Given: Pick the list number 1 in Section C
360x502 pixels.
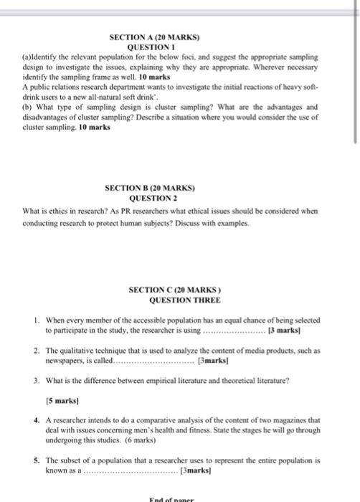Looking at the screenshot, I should (x=36, y=320).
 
